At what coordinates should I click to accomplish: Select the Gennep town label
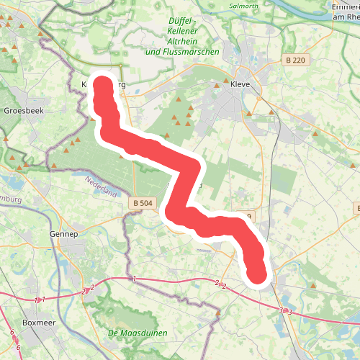click(x=63, y=234)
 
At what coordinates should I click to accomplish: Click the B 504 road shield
click(x=143, y=204)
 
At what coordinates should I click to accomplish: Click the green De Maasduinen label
click(x=138, y=333)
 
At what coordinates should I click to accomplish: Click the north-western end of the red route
click(x=103, y=85)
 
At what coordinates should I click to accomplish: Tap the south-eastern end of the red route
click(x=257, y=274)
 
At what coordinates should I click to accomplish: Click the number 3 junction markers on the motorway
click(x=285, y=311)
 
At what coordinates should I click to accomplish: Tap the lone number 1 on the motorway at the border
click(x=134, y=278)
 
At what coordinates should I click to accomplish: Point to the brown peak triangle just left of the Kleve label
click(x=217, y=84)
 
